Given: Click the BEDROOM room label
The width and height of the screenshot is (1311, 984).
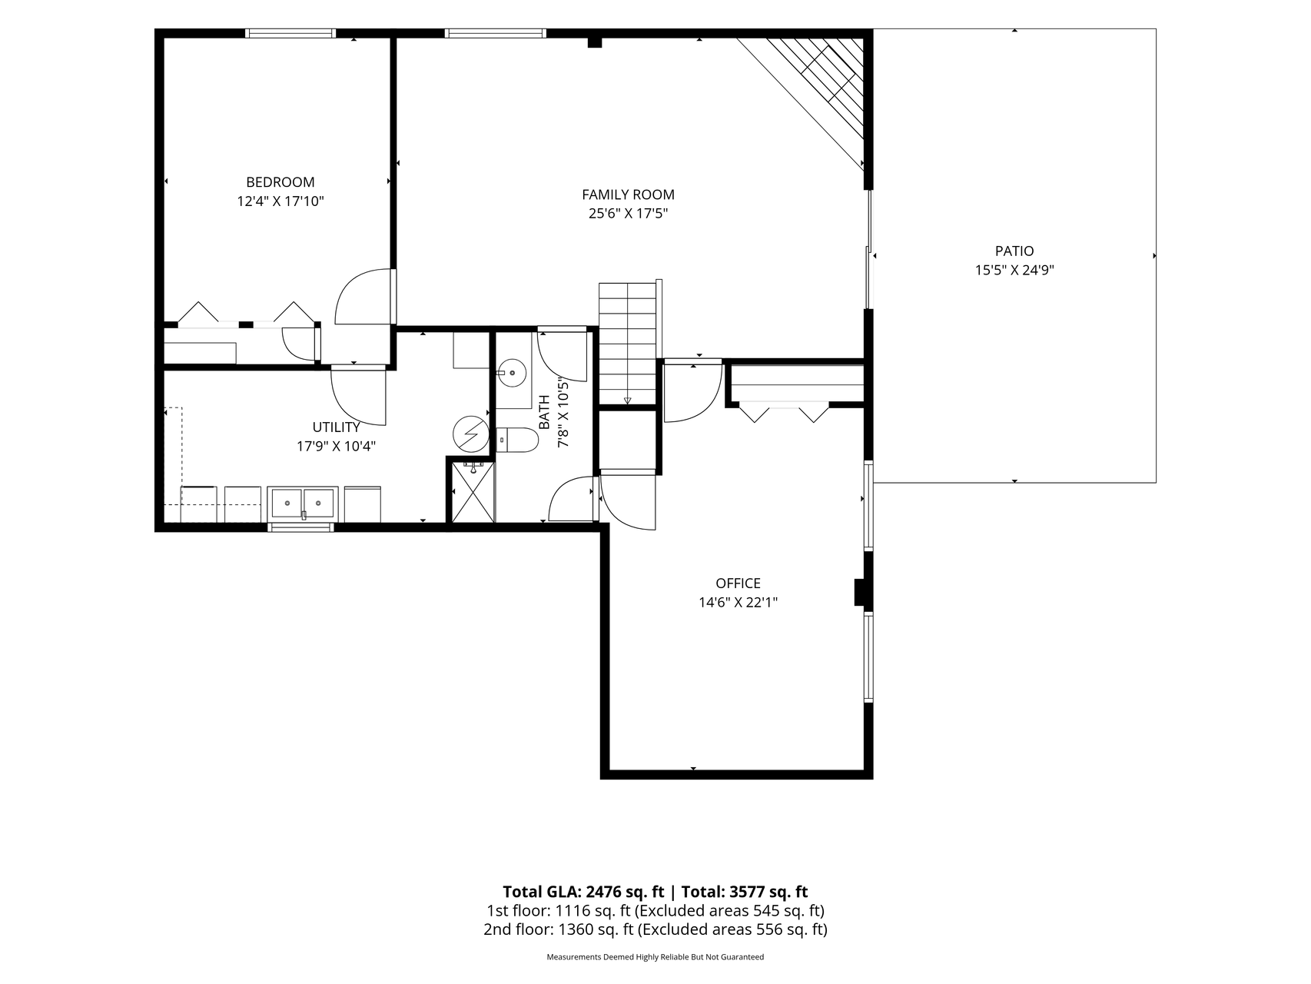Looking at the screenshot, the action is point(280,182).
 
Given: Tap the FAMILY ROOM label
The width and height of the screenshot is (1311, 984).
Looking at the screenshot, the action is point(628,194).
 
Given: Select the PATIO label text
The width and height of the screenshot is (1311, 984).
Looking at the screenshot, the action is point(1014,251).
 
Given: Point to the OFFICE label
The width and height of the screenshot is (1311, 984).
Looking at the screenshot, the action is point(738,583).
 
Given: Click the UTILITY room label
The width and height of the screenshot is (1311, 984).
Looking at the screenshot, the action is point(336,427).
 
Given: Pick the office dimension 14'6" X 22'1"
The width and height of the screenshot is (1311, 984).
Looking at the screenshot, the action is point(738,603).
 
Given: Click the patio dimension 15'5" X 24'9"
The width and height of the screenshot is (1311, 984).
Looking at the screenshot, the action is point(1014,270).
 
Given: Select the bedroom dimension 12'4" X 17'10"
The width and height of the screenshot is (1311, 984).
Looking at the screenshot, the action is point(280,201).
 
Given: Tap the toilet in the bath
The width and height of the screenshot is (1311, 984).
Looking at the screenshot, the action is point(516,440).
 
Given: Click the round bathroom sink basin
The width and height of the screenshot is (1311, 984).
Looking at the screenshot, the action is point(511,374).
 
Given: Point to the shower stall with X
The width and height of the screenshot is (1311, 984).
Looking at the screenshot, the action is point(473,491).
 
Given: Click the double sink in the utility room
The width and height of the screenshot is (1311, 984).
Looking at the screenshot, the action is point(302,504).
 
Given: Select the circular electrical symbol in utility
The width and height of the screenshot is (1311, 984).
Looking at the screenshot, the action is point(470,434).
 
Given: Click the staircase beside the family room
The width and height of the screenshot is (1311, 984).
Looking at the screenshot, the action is point(628,343).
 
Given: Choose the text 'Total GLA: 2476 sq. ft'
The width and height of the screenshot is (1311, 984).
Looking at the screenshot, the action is point(583,892).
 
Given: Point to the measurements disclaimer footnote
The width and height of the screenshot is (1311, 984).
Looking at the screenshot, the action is point(655,957).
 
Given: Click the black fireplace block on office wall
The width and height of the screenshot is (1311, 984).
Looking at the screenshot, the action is point(860,593).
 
